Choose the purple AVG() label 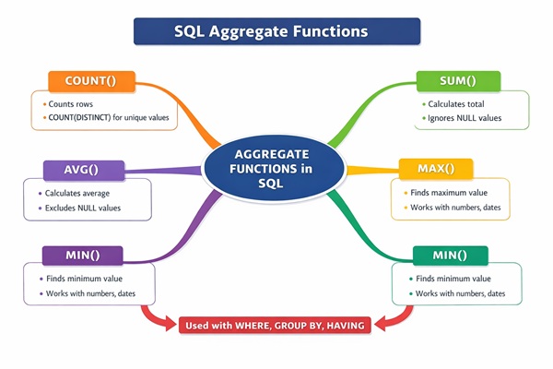(x=82, y=170)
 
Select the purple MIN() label (x=82, y=254)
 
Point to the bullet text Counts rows (x=72, y=104)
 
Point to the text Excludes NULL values (x=84, y=208)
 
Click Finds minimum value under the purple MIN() (x=84, y=278)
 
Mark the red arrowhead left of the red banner (x=167, y=324)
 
